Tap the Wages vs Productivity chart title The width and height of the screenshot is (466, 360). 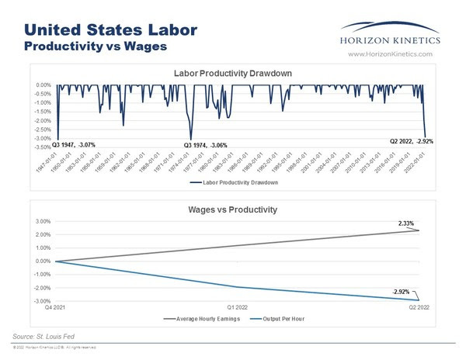pyautogui.click(x=234, y=209)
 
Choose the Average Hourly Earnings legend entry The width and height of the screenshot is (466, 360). pyautogui.click(x=202, y=318)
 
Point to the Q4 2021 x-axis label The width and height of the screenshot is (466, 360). pyautogui.click(x=56, y=307)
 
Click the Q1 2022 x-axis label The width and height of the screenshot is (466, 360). pyautogui.click(x=237, y=307)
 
